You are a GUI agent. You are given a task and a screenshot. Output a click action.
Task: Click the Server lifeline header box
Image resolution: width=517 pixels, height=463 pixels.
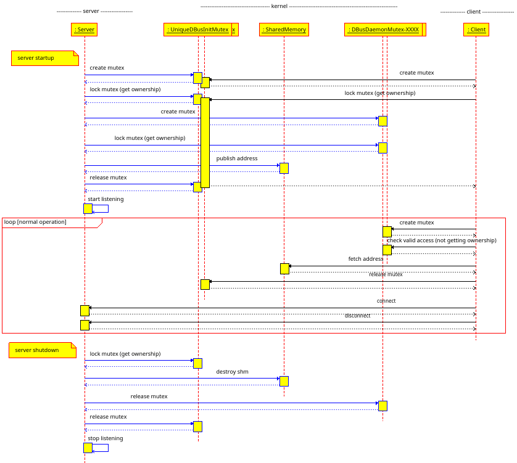pos(85,30)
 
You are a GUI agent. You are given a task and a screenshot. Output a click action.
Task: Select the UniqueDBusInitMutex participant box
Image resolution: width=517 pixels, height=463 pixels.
pos(197,30)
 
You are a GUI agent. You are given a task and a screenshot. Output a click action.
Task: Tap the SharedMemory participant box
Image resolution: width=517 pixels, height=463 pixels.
pos(284,30)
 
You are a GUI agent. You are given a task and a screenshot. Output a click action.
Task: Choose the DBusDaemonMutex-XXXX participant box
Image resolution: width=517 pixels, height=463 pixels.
pos(383,30)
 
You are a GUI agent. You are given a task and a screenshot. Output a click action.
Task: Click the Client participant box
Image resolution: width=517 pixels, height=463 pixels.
pos(476,30)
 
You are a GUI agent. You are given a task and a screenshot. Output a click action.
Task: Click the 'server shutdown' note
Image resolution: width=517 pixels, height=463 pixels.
pos(42,350)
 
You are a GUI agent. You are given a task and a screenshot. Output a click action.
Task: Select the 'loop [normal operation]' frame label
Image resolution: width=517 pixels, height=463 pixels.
pos(36,221)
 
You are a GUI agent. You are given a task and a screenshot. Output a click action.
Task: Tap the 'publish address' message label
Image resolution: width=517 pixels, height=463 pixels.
pos(237,158)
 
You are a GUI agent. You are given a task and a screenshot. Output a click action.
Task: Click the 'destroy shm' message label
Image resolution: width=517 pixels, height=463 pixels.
pos(233,372)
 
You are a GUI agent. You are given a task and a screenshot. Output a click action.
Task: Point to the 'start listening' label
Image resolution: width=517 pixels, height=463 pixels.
pos(105,199)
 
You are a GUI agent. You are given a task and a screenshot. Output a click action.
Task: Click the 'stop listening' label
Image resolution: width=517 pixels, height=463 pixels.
pos(105,438)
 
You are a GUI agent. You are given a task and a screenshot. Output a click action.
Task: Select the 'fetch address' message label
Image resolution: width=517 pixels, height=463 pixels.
pos(366,259)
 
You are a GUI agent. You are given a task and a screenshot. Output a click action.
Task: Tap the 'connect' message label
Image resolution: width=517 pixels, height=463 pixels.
pos(386,301)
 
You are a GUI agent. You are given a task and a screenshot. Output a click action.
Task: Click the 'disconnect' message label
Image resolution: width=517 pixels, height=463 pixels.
pos(358,315)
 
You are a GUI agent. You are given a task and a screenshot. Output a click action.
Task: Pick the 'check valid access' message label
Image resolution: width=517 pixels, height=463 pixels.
pos(441,240)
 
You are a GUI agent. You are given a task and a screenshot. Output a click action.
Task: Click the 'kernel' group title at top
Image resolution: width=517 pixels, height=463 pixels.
pos(279,6)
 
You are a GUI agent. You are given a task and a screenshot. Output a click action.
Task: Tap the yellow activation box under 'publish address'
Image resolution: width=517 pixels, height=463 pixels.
pos(284,168)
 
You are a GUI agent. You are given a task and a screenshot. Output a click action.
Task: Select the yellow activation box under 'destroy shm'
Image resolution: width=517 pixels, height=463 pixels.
pos(284,381)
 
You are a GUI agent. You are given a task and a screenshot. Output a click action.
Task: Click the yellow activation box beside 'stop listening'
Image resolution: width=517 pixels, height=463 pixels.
pos(88,448)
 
